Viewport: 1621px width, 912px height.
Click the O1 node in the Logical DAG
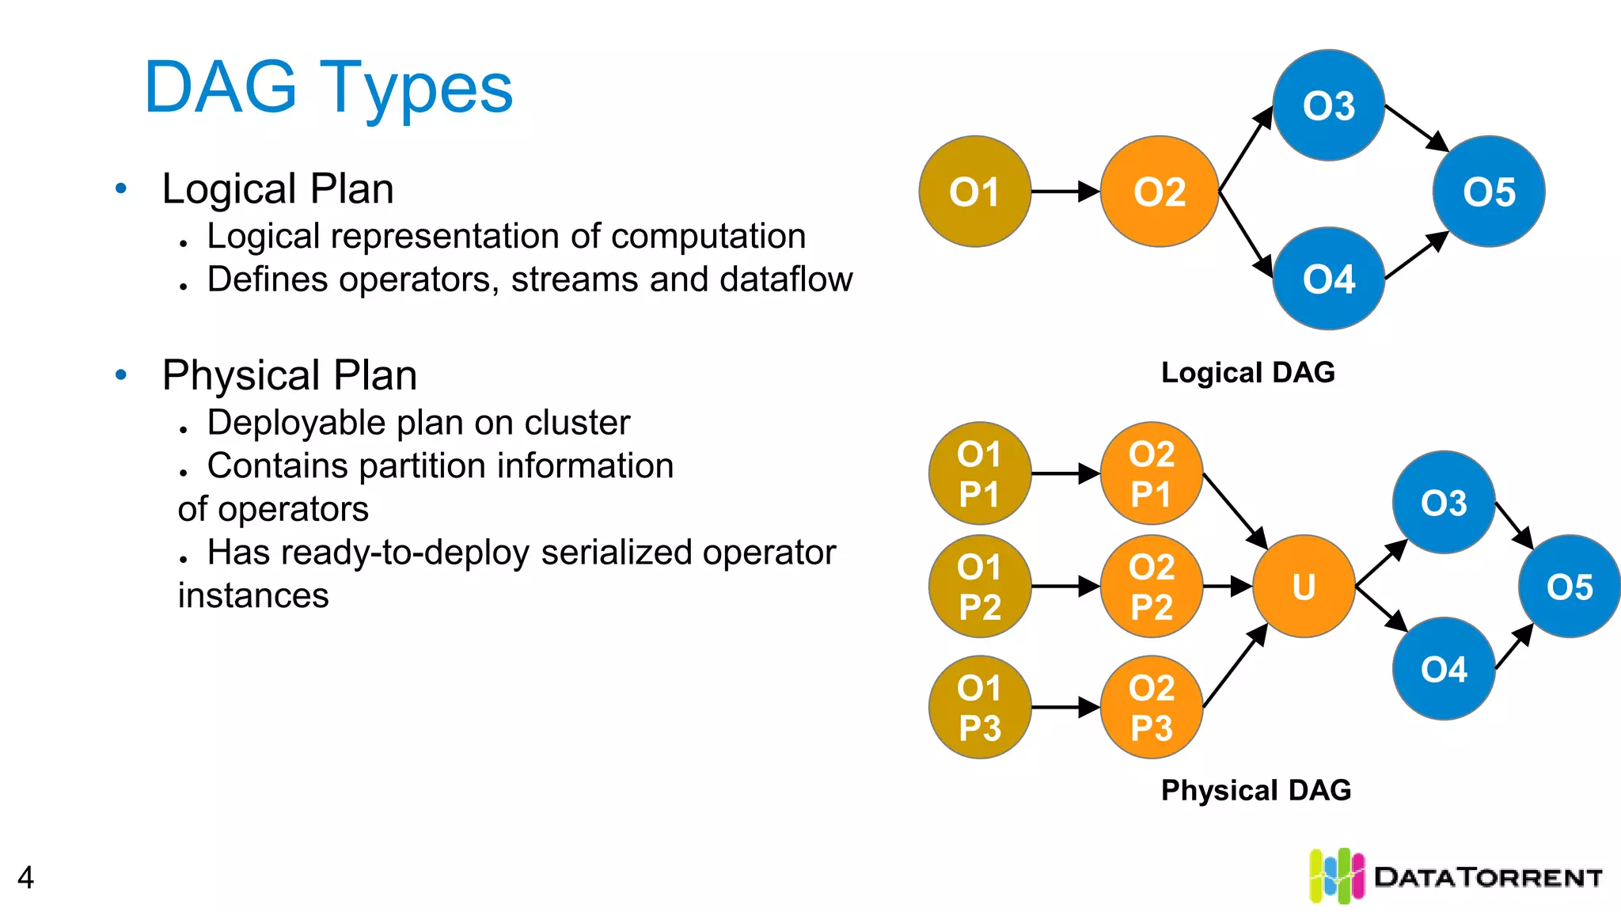click(x=974, y=192)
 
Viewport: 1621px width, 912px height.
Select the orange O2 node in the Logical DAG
click(x=1159, y=192)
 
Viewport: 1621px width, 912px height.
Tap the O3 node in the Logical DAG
click(x=1328, y=105)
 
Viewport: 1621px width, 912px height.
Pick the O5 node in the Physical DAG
click(x=1569, y=587)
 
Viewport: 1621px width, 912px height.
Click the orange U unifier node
click(x=1304, y=587)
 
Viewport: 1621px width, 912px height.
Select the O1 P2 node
click(x=980, y=587)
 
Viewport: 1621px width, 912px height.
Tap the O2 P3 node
click(x=1152, y=707)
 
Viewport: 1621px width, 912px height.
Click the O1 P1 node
click(x=980, y=473)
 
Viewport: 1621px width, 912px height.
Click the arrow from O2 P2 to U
click(x=1227, y=587)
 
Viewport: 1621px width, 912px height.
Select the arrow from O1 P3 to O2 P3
click(x=1065, y=707)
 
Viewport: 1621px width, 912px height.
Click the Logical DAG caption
click(x=1247, y=372)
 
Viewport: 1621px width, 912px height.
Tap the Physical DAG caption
click(x=1255, y=790)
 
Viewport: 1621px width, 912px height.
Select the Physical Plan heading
click(x=290, y=375)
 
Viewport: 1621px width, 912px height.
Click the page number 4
click(x=25, y=877)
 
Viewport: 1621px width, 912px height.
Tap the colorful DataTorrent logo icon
click(x=1336, y=876)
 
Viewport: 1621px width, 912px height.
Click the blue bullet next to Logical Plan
click(x=121, y=188)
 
